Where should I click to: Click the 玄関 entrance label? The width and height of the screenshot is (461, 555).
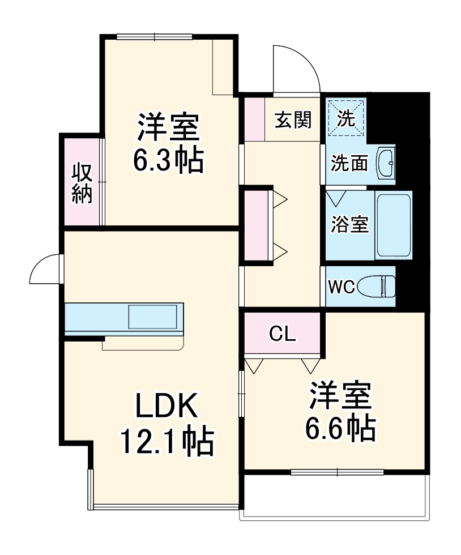(x=293, y=119)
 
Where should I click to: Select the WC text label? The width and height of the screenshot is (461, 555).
(x=342, y=287)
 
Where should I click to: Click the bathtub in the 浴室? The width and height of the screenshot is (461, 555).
(x=394, y=224)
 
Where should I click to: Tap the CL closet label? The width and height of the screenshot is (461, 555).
(x=282, y=335)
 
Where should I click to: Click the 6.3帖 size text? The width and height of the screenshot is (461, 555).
(x=168, y=162)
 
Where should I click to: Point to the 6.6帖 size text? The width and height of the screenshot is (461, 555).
(x=340, y=429)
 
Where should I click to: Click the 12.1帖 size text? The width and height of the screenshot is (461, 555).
(x=167, y=442)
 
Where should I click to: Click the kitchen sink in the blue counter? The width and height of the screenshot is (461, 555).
(x=155, y=317)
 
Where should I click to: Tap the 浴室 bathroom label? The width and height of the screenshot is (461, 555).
(x=349, y=224)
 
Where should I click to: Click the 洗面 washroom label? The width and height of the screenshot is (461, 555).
(x=349, y=164)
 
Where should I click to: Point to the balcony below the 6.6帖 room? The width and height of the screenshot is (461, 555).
(x=334, y=495)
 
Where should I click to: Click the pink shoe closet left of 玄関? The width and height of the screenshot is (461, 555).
(x=254, y=119)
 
